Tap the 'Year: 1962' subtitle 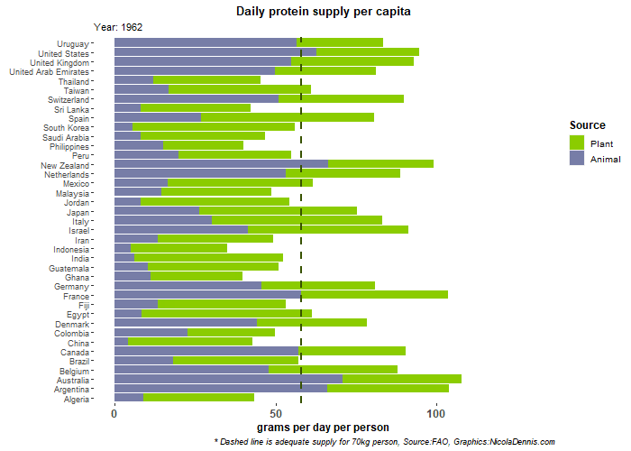tap(118, 28)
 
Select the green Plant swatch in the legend tap(577, 143)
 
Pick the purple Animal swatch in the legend tap(577, 158)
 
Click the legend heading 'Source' tap(587, 125)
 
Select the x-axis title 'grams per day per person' tap(323, 427)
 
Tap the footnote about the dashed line tap(384, 442)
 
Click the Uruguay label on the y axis tap(73, 43)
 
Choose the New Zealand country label tap(65, 166)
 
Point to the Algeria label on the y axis tap(76, 399)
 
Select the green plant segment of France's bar tap(374, 295)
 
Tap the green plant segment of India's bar tap(208, 257)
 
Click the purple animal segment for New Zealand tap(221, 163)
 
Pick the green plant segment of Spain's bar tap(287, 117)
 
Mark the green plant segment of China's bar tap(189, 342)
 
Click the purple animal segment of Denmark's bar tap(185, 323)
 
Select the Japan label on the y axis tap(78, 211)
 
